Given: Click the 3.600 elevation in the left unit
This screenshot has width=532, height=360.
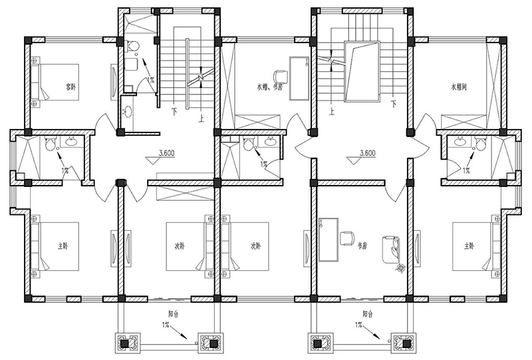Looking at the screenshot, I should pos(167,153).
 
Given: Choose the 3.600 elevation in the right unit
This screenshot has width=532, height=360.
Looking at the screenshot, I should pos(368,153).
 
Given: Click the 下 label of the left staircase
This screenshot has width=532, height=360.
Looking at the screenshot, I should pos(174,110).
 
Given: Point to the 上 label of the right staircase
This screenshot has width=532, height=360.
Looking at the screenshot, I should pos(331,113).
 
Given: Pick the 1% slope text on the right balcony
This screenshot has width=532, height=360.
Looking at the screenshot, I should pos(359,324).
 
